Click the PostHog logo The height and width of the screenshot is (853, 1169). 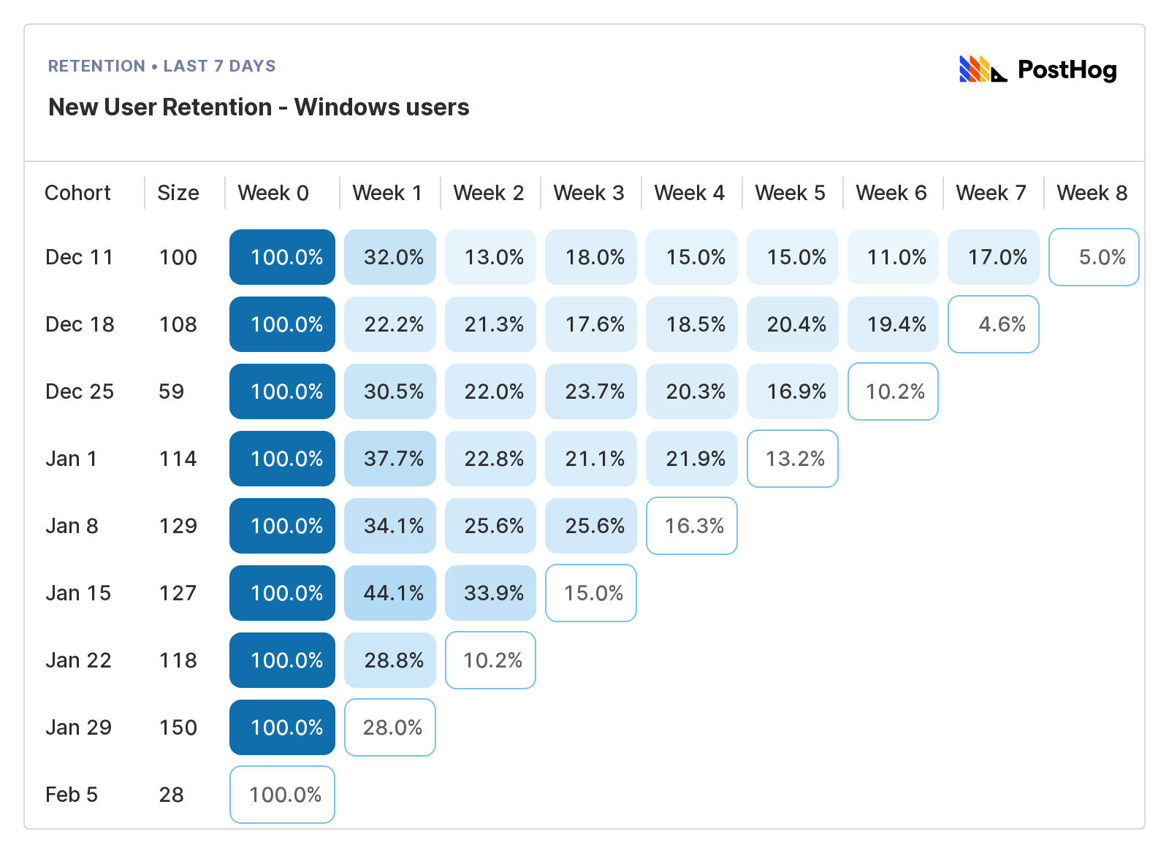coord(1037,69)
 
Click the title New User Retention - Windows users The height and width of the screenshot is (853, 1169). coord(259,107)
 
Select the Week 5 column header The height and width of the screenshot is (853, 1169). coord(790,193)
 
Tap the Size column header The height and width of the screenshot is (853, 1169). coord(178,193)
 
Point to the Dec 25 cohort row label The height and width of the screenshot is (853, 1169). coord(80,391)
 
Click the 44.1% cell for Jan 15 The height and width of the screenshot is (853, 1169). coord(390,593)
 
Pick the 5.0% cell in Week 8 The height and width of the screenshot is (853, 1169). coord(1094,257)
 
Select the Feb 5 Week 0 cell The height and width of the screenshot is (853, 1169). coord(282,795)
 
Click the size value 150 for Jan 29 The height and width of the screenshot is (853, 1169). coord(178,727)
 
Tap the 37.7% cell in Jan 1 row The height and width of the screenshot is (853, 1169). coord(390,459)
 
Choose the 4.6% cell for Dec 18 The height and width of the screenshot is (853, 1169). coord(994,324)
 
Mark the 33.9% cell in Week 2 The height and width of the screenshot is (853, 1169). coord(490,593)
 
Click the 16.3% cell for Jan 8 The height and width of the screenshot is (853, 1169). coord(692,526)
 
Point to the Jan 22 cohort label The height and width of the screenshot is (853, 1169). coord(78,660)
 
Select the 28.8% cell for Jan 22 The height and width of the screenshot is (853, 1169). coord(390,660)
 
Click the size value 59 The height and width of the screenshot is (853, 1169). coord(172,391)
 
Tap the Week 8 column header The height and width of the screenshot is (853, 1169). coord(1092,193)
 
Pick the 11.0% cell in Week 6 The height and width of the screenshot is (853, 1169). coord(893,257)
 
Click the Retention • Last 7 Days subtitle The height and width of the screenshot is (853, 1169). coord(162,66)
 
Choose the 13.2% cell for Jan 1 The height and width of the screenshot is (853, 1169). coord(793,459)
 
